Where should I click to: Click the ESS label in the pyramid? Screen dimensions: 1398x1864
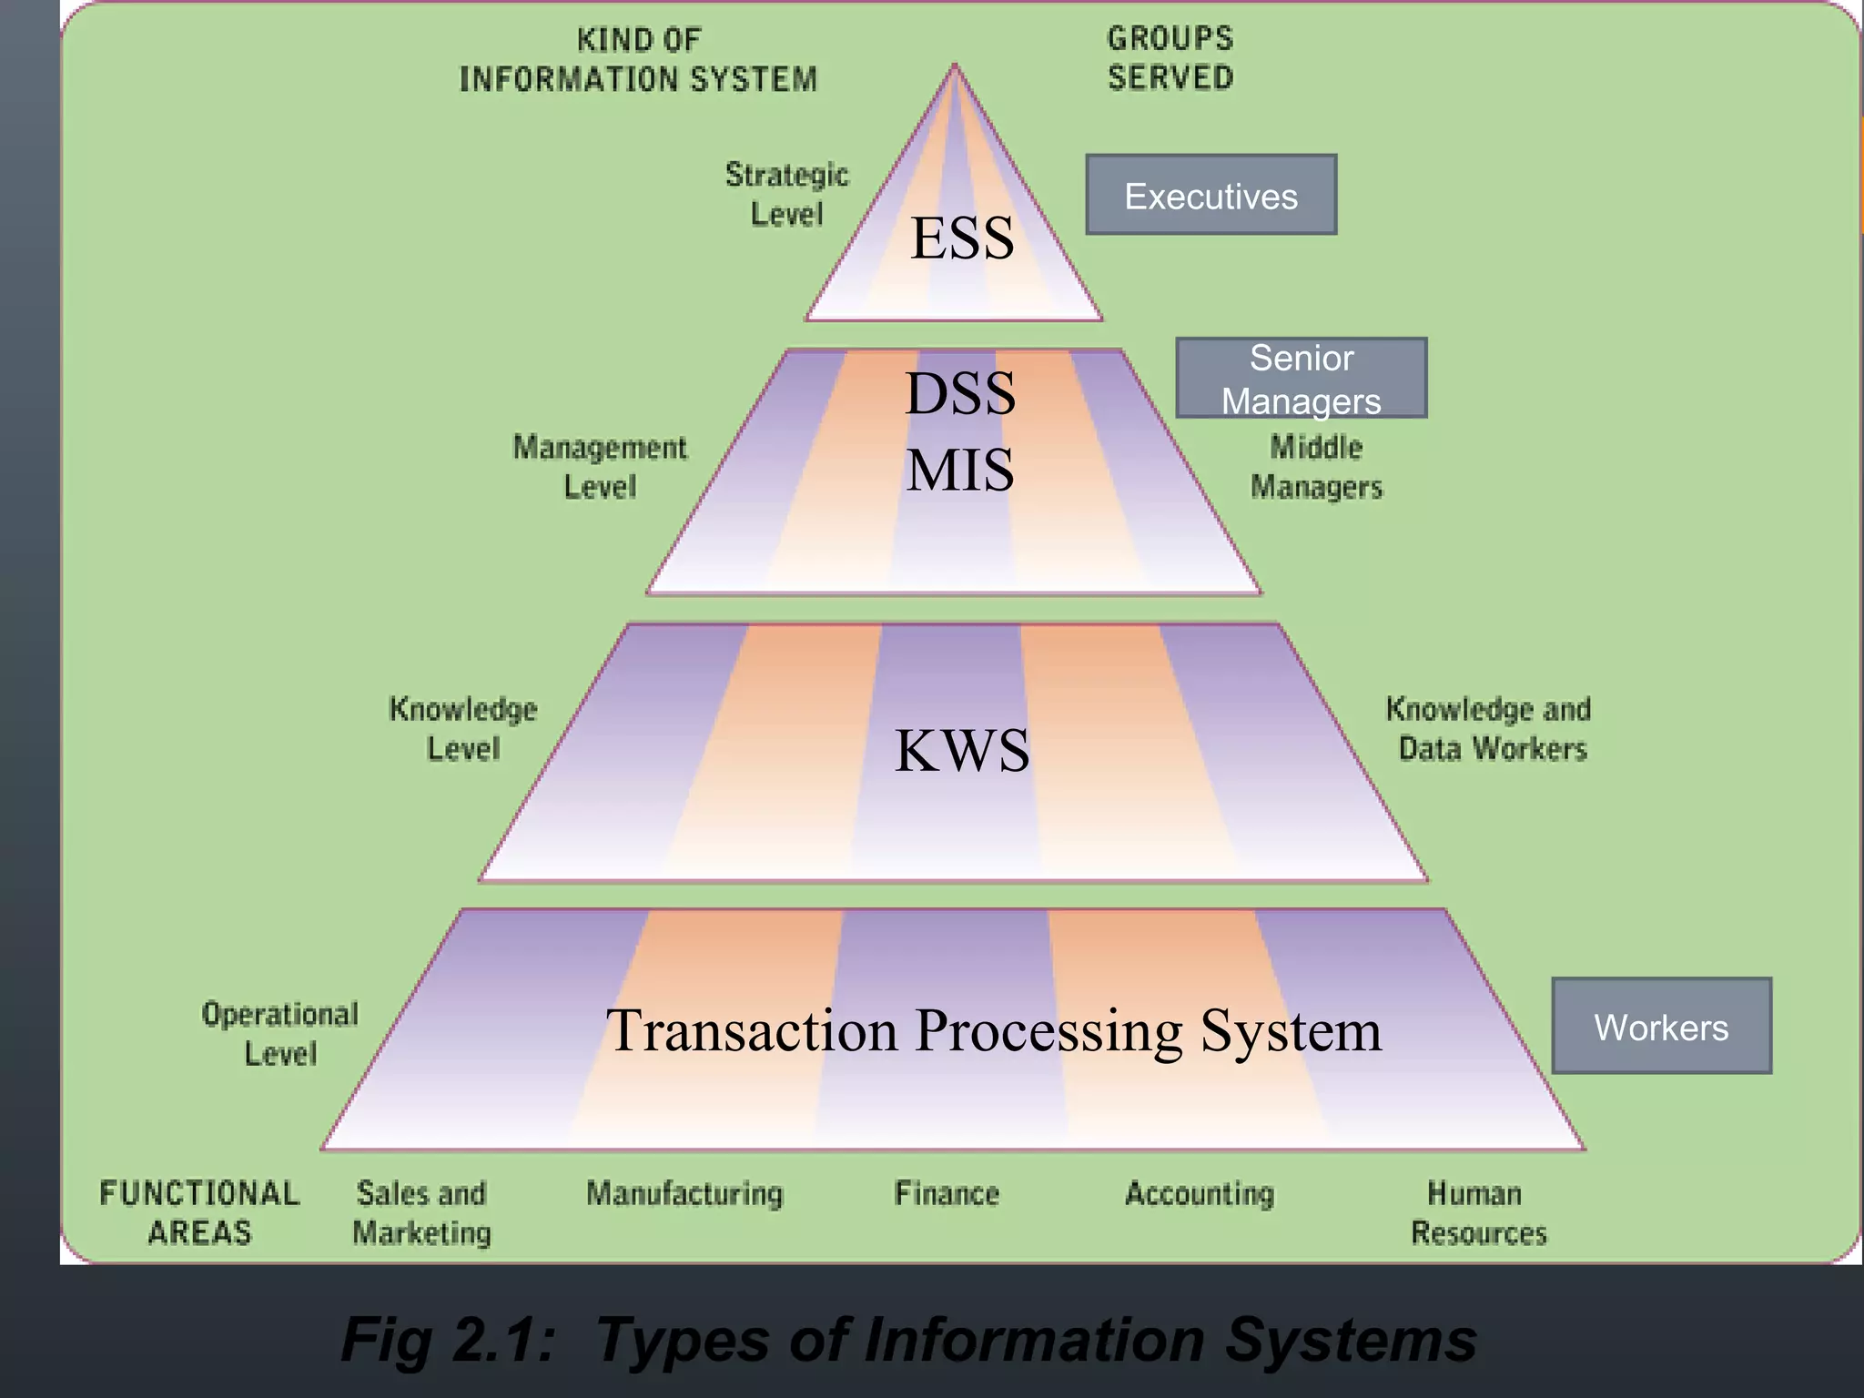click(962, 238)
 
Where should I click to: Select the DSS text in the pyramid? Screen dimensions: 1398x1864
click(960, 394)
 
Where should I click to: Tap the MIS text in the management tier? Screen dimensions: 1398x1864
click(960, 471)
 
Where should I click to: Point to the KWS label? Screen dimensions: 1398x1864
click(962, 751)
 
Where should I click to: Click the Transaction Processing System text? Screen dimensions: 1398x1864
click(994, 1031)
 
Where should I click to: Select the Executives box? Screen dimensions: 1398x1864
click(1211, 196)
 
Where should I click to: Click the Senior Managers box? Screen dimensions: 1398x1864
click(1301, 379)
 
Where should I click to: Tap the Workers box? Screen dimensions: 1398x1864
click(1661, 1027)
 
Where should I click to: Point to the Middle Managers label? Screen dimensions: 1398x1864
click(1316, 467)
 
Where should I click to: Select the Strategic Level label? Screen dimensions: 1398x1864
click(786, 194)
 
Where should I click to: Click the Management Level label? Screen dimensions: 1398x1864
click(600, 467)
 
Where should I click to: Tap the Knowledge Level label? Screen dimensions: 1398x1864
click(463, 729)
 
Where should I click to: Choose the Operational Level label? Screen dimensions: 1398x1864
click(280, 1033)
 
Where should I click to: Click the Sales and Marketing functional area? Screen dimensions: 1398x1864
click(421, 1212)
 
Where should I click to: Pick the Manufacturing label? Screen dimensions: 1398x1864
click(684, 1193)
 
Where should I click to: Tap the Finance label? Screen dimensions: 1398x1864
click(947, 1193)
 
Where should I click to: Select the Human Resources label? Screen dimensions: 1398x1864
click(1477, 1212)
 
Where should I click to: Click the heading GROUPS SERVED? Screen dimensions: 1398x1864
click(1170, 58)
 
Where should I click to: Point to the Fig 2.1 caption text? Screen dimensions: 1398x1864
click(908, 1340)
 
